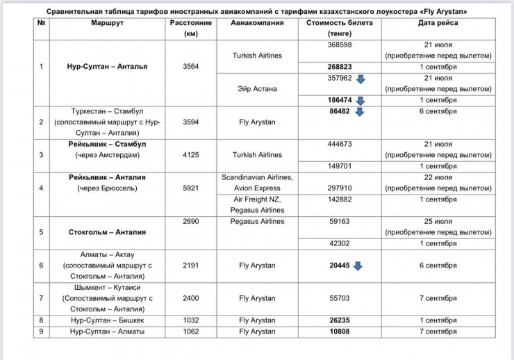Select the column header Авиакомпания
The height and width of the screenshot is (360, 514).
click(257, 23)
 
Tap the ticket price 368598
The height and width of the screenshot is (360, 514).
click(340, 44)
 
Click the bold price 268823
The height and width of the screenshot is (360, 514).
click(340, 67)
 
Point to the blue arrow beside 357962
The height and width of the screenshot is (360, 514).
click(360, 79)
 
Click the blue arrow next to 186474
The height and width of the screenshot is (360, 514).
click(359, 101)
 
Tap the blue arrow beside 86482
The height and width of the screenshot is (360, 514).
click(359, 111)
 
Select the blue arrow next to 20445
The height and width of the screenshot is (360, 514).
click(358, 265)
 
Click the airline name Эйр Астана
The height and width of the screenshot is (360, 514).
click(257, 89)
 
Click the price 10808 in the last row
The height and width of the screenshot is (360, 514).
click(340, 332)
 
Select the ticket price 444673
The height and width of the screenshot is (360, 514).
click(340, 144)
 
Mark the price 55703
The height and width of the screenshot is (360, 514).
click(340, 298)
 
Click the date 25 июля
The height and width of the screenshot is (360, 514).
click(438, 222)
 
